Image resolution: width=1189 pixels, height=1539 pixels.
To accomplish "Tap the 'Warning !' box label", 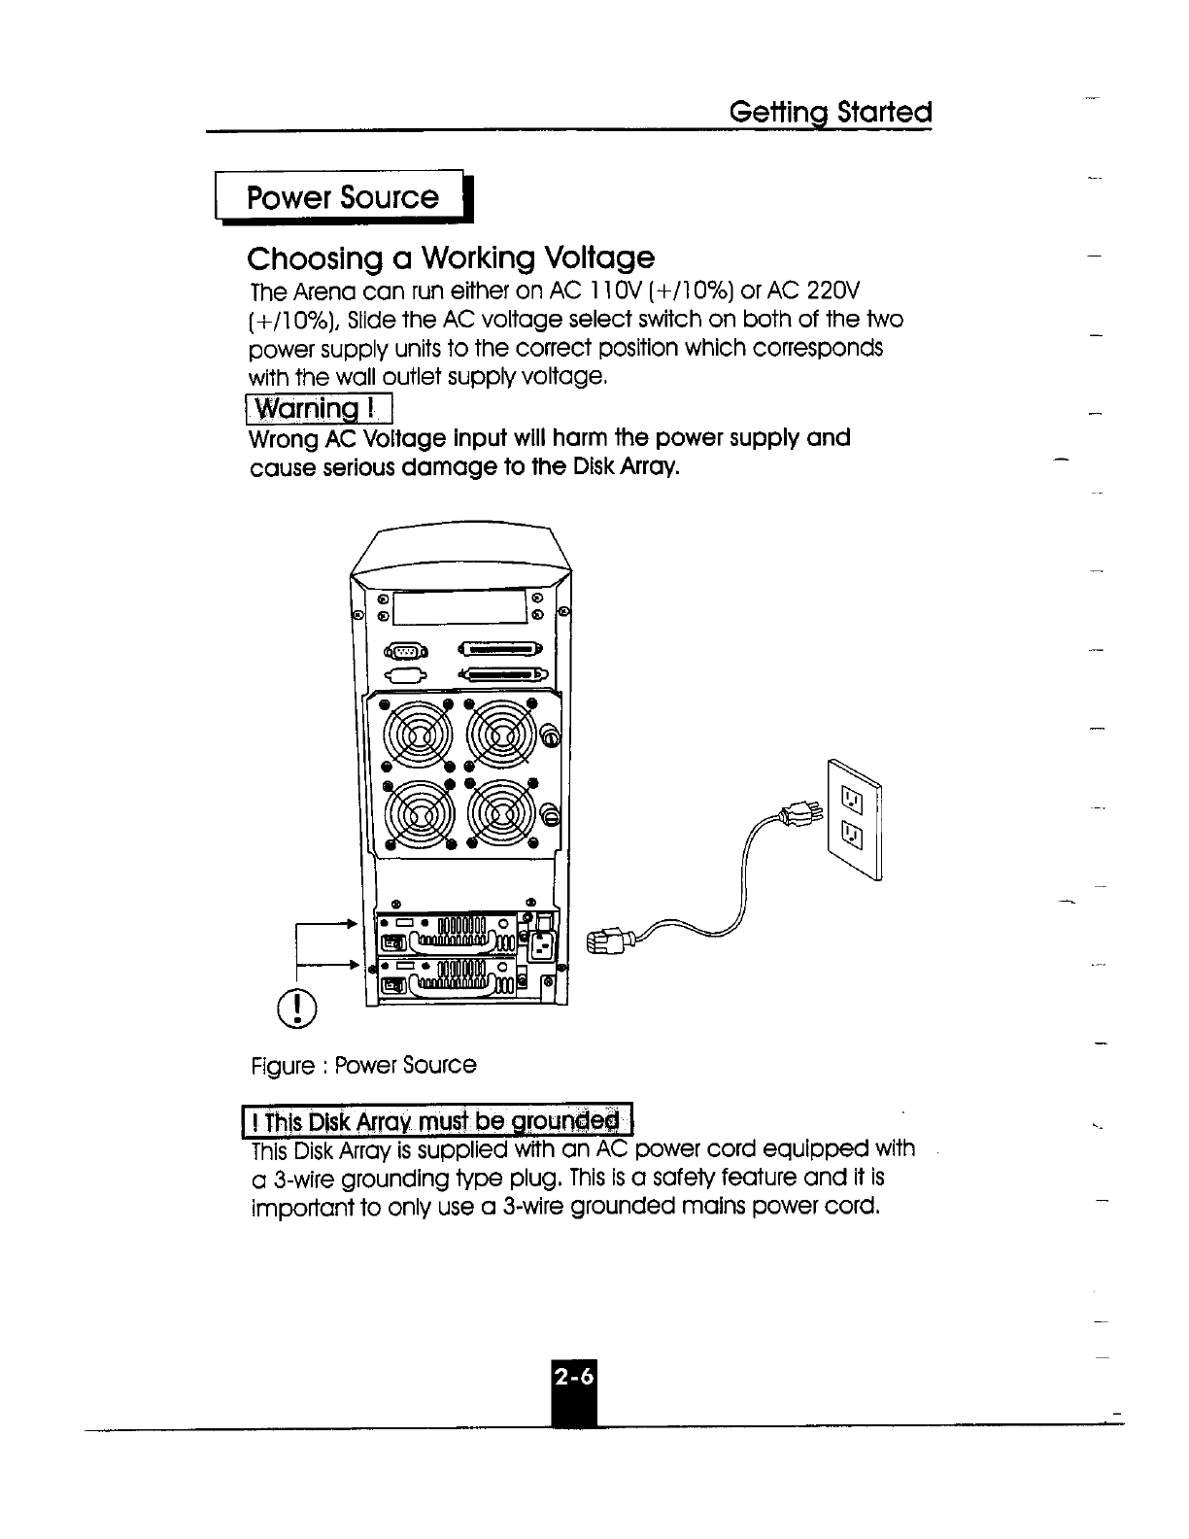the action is (318, 409).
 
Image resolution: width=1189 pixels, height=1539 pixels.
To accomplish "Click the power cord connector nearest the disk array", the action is (609, 940).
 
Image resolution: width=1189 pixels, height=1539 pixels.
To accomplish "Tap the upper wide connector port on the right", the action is (503, 650).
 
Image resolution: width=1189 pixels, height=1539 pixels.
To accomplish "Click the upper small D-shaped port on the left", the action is (407, 652).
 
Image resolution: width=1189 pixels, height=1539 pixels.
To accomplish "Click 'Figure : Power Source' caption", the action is (362, 1065).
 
